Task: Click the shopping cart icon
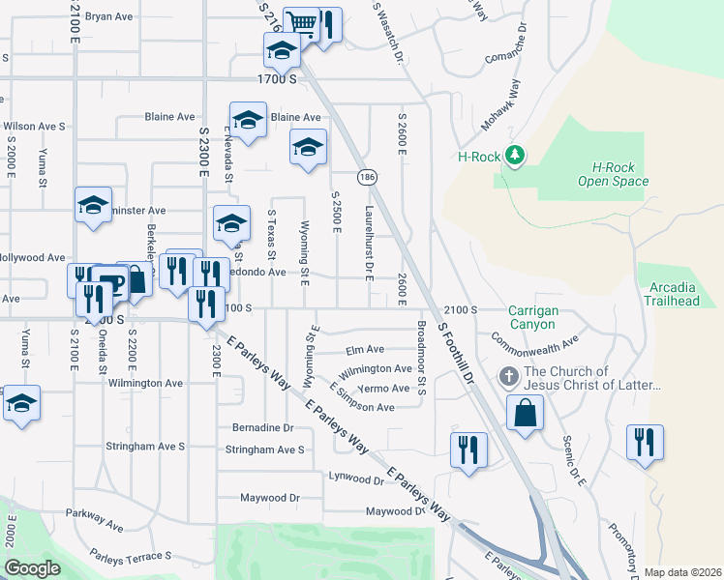(x=303, y=23)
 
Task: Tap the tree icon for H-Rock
(x=516, y=155)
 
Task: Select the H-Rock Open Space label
(x=613, y=174)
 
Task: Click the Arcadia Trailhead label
(x=672, y=294)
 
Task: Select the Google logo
(x=33, y=567)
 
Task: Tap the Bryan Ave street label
(x=109, y=16)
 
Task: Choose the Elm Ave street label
(x=364, y=349)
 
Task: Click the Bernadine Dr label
(x=262, y=427)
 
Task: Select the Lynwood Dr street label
(x=357, y=478)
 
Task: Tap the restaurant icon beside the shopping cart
(x=328, y=24)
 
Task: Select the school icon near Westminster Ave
(x=93, y=205)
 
